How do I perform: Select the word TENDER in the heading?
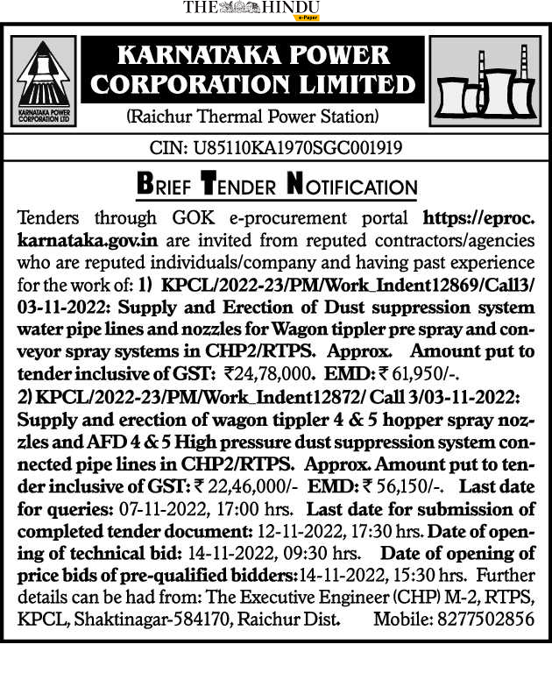[x=242, y=186]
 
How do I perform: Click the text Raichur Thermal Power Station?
[x=252, y=117]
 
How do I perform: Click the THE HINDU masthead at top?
[x=251, y=8]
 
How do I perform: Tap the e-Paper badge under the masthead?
[x=308, y=18]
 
